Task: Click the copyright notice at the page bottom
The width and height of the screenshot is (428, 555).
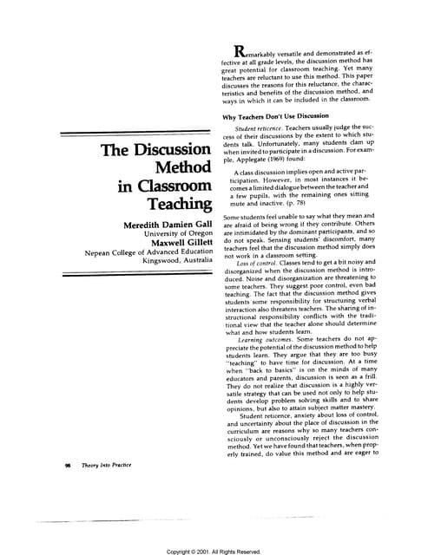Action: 214,550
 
